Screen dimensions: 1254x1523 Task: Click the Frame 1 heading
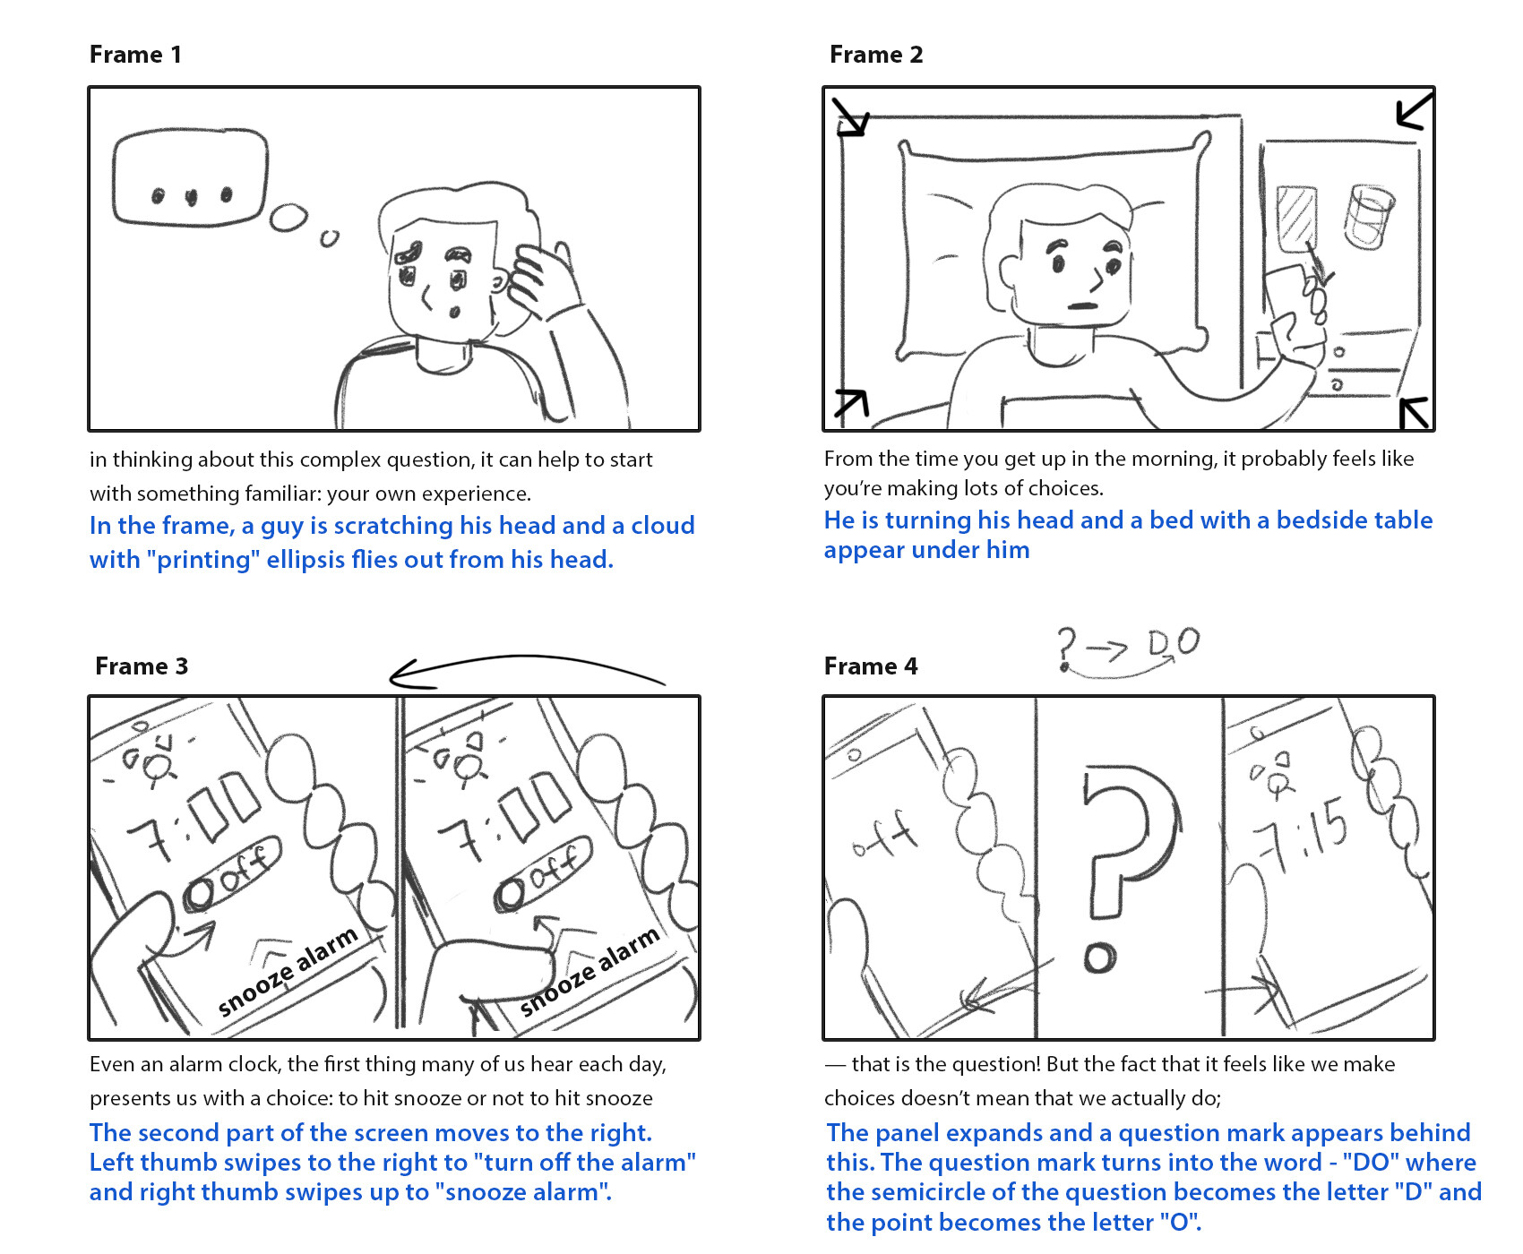click(x=135, y=55)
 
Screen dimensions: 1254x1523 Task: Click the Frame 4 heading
click(x=870, y=666)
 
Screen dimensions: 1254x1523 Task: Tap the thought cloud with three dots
click(x=190, y=178)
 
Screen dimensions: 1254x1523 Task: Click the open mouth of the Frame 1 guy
click(x=454, y=312)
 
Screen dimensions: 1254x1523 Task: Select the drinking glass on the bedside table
click(x=1367, y=216)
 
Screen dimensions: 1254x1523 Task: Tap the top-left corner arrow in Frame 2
click(x=850, y=116)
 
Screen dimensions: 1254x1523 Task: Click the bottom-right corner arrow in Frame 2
click(x=1414, y=413)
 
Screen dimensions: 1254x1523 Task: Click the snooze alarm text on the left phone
click(x=288, y=972)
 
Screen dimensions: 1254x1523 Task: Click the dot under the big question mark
click(x=1099, y=958)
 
